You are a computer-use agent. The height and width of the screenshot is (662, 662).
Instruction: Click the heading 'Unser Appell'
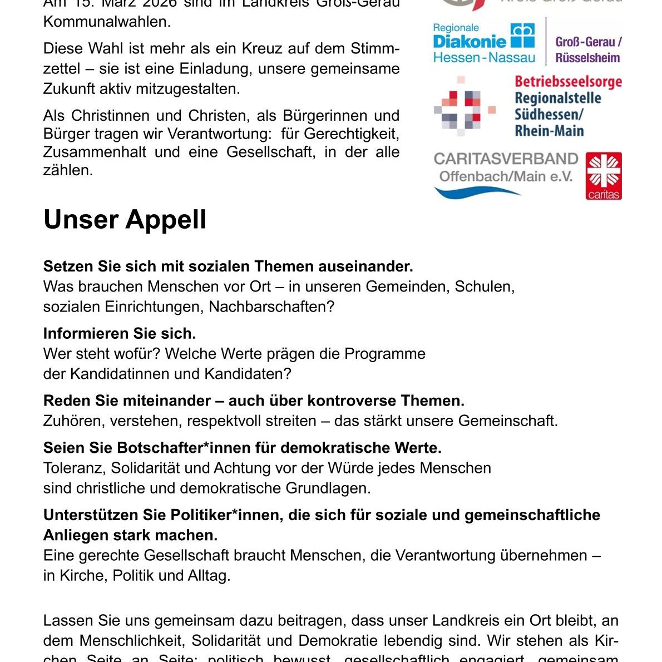click(x=125, y=220)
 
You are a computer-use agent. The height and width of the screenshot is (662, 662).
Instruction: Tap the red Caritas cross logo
click(x=603, y=176)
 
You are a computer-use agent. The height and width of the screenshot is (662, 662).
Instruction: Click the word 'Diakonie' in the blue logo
click(x=470, y=41)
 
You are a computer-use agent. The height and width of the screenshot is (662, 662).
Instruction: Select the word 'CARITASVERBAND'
click(x=506, y=159)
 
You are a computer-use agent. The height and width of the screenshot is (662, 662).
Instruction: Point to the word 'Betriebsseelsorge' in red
click(x=568, y=82)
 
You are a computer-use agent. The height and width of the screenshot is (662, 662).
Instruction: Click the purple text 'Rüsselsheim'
click(x=587, y=58)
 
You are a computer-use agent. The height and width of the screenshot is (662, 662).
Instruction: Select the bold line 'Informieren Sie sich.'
click(x=120, y=334)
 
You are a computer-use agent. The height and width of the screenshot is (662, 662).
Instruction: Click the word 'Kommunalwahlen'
click(x=106, y=22)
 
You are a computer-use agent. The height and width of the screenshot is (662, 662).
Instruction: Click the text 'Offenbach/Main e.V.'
click(x=505, y=177)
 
